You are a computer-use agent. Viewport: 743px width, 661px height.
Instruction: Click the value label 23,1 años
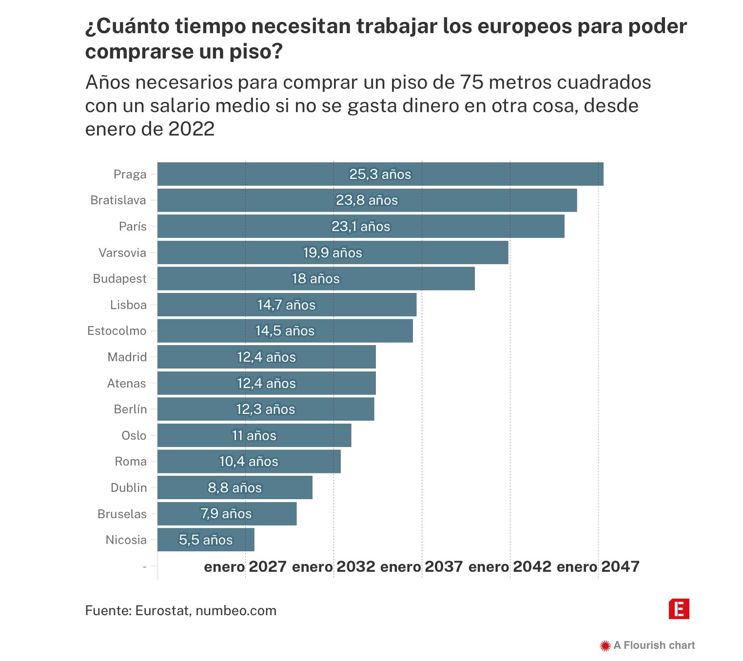tap(361, 227)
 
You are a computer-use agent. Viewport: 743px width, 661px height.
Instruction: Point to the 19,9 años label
tap(332, 253)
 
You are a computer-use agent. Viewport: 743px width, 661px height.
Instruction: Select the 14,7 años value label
tap(286, 305)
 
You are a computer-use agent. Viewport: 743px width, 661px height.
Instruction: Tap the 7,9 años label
tap(226, 514)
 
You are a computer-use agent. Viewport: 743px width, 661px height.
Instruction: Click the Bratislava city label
tap(118, 200)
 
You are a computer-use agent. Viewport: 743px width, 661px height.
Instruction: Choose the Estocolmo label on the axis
tap(117, 331)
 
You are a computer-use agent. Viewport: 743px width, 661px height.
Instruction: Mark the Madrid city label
tap(127, 357)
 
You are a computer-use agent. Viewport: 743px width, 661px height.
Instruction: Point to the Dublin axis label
tap(128, 488)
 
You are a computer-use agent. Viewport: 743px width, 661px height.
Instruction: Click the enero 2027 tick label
tap(245, 567)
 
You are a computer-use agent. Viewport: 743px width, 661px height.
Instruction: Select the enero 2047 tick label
tap(598, 567)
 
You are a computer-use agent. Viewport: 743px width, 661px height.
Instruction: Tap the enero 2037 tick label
tap(421, 567)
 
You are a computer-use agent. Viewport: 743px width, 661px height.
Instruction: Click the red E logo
tap(679, 609)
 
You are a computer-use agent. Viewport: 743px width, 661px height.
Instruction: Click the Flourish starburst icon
tap(605, 646)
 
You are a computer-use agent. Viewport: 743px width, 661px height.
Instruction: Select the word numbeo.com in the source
tap(236, 611)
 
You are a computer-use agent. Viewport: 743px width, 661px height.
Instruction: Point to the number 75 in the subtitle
tap(471, 82)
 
